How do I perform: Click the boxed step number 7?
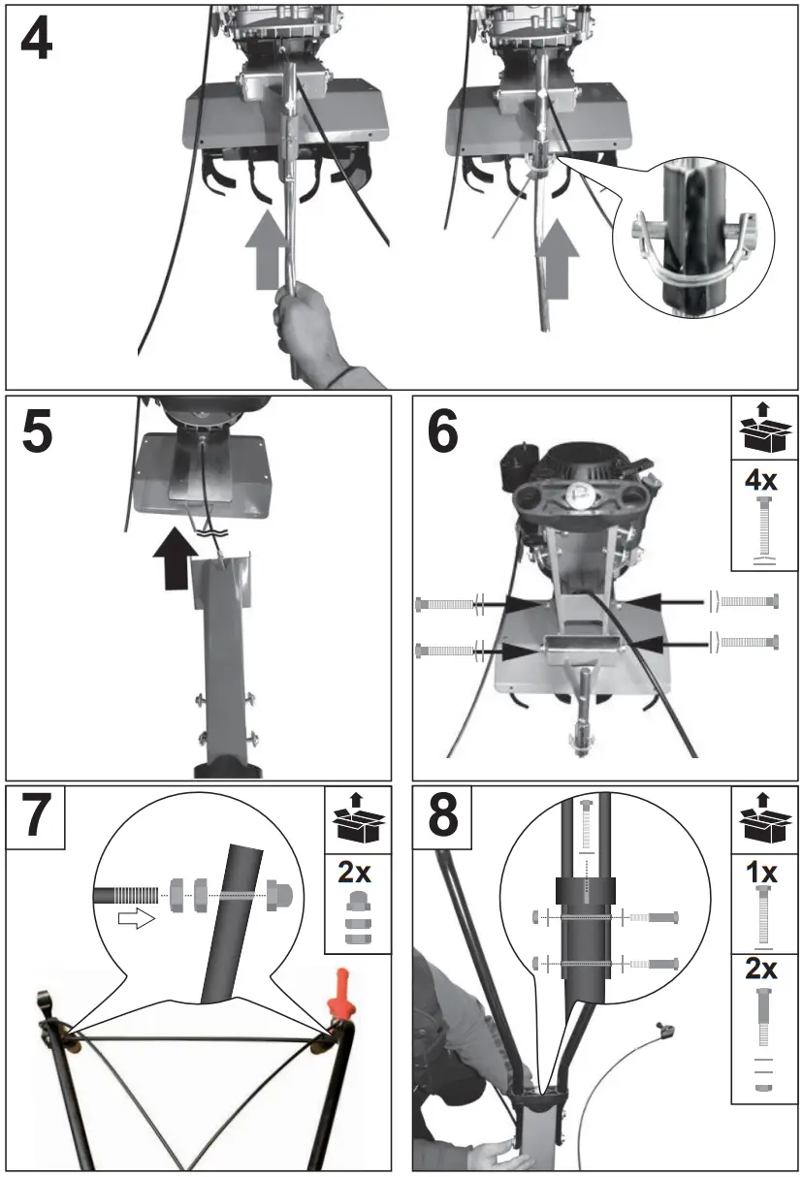coord(36,818)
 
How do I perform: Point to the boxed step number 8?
coord(443,818)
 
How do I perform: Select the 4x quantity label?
coord(763,478)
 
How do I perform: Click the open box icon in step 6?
coord(763,428)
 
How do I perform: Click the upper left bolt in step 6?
coord(447,603)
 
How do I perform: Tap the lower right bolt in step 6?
coord(747,641)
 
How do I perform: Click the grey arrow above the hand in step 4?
coord(267,252)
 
